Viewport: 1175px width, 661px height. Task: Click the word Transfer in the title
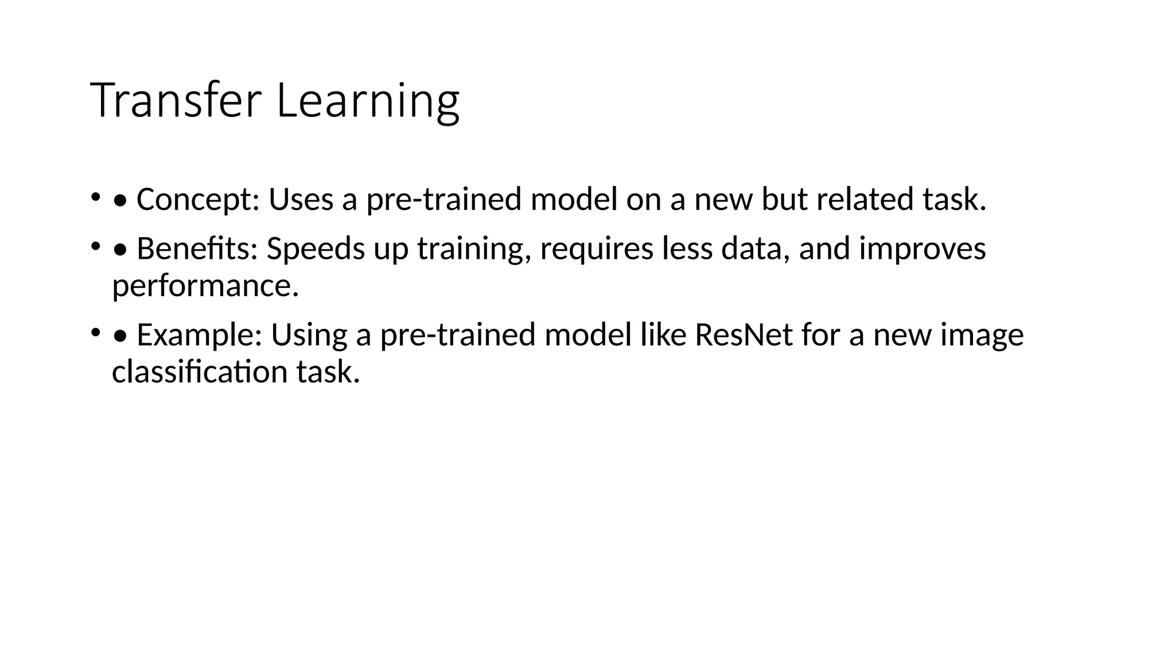click(176, 101)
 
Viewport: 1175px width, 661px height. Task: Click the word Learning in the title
click(368, 101)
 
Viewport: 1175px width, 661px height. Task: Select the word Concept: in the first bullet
click(198, 200)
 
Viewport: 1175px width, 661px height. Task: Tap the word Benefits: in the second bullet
click(197, 249)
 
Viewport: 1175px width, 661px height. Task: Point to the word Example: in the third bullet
click(199, 335)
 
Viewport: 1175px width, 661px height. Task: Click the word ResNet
click(744, 335)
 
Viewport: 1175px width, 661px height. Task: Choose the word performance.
click(205, 286)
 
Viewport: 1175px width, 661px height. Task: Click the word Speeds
click(316, 249)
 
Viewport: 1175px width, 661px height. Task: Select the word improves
click(922, 249)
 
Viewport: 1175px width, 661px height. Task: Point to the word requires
click(597, 249)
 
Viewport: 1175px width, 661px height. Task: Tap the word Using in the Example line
click(309, 335)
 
